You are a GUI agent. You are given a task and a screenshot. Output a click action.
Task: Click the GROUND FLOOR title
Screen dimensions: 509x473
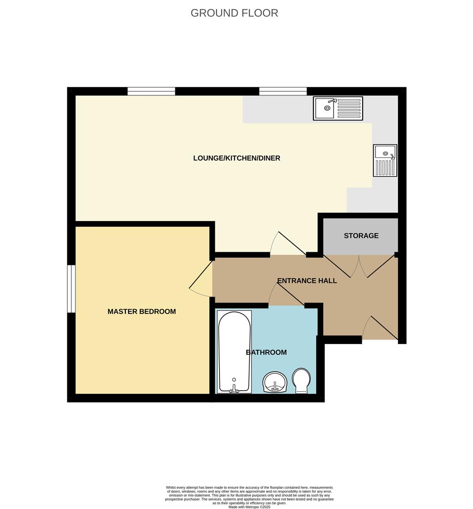[x=234, y=13]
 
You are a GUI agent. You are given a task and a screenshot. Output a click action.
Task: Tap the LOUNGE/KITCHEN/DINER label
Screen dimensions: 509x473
[x=236, y=158]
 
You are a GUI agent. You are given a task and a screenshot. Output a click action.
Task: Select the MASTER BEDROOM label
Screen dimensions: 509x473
[x=141, y=312]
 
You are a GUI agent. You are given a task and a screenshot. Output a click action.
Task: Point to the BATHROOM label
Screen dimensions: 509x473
[x=266, y=353]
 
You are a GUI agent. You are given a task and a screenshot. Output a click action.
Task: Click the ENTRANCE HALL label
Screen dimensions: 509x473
[x=307, y=281]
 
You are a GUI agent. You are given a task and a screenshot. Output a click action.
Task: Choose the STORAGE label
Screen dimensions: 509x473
[x=361, y=236]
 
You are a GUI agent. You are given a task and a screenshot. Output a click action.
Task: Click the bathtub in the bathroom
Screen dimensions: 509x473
[x=234, y=349]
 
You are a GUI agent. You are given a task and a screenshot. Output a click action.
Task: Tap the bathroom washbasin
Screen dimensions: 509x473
[x=275, y=382]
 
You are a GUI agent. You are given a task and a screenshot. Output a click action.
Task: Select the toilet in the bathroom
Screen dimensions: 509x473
[x=301, y=381]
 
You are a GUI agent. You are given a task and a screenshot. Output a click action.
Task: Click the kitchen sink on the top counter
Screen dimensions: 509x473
[x=338, y=108]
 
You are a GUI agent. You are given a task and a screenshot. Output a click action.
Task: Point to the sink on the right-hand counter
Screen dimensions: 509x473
[x=385, y=160]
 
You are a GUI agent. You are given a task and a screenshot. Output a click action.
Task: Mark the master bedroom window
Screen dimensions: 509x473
[x=71, y=288]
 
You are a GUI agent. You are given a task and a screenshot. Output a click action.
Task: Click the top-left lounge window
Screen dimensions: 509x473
[x=151, y=91]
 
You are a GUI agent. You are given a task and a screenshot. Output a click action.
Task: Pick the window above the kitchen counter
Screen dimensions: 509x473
[x=283, y=91]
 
